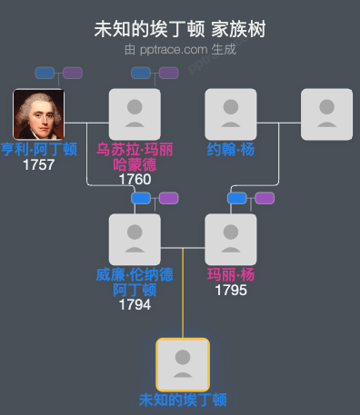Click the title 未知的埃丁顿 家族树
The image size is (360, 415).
click(180, 29)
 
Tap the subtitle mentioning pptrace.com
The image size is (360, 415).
click(180, 49)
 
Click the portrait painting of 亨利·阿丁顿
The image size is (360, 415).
click(38, 114)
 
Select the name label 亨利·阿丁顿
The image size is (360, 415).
click(38, 150)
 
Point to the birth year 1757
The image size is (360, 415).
click(38, 165)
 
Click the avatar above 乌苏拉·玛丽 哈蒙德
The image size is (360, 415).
click(135, 114)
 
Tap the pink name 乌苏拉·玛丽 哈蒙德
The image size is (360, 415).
click(135, 156)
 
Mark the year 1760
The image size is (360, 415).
click(135, 179)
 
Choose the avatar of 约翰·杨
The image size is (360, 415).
click(231, 114)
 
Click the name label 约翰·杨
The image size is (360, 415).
click(231, 150)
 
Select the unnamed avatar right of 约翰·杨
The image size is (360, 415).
click(326, 114)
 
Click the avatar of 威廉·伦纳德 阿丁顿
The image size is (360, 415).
click(135, 239)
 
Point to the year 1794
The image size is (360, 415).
click(135, 304)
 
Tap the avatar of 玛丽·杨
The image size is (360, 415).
click(231, 239)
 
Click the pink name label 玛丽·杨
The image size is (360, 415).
click(231, 274)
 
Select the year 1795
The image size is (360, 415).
click(231, 290)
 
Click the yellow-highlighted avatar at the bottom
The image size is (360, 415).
click(183, 364)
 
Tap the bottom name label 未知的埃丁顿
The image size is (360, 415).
click(183, 400)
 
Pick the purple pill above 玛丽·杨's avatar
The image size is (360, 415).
click(265, 198)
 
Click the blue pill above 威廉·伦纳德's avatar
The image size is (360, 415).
click(140, 198)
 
